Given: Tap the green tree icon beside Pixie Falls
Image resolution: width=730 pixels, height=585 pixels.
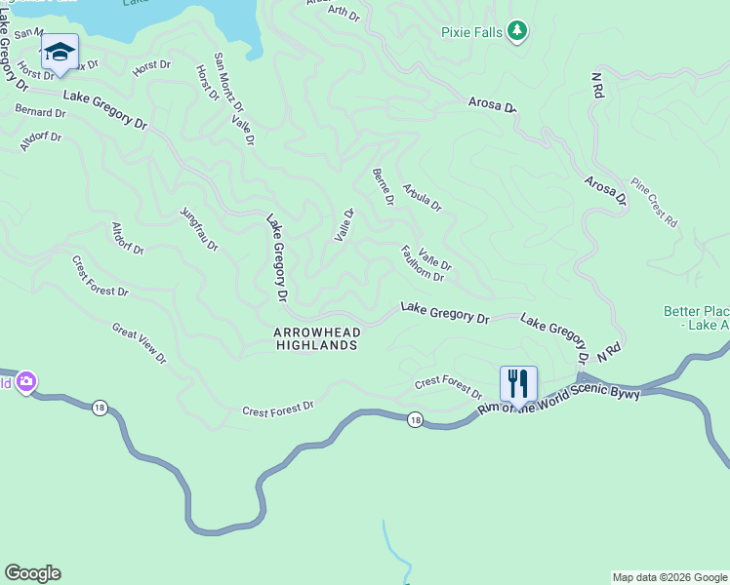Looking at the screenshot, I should point(517,32).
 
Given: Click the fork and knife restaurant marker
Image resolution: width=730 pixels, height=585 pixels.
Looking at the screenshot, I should point(518,381).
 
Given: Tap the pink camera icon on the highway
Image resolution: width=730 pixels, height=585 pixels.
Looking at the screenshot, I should point(26,381).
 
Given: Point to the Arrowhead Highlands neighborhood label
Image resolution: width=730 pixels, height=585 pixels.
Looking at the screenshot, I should point(316,339).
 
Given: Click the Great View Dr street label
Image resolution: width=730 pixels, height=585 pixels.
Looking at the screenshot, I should point(140,343).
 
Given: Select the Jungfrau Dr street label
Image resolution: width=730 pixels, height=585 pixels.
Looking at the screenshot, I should point(199,229).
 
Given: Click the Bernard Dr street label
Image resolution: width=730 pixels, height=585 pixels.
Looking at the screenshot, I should point(40,112).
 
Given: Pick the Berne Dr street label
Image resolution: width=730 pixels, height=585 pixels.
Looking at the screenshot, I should point(383,186).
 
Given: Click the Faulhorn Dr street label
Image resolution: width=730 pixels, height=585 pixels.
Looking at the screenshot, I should point(422,263).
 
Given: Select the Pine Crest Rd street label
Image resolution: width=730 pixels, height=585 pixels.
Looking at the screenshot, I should point(654,202).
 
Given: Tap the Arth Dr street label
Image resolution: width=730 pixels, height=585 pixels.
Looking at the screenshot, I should point(344,13).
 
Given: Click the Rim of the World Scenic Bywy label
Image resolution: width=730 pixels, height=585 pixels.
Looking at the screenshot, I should point(560,400).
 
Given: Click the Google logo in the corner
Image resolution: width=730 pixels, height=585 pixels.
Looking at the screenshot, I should point(32,573).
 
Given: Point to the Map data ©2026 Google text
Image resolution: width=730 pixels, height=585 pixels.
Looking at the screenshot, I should point(669,577).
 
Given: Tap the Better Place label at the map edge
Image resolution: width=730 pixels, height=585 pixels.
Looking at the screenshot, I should point(696,318).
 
